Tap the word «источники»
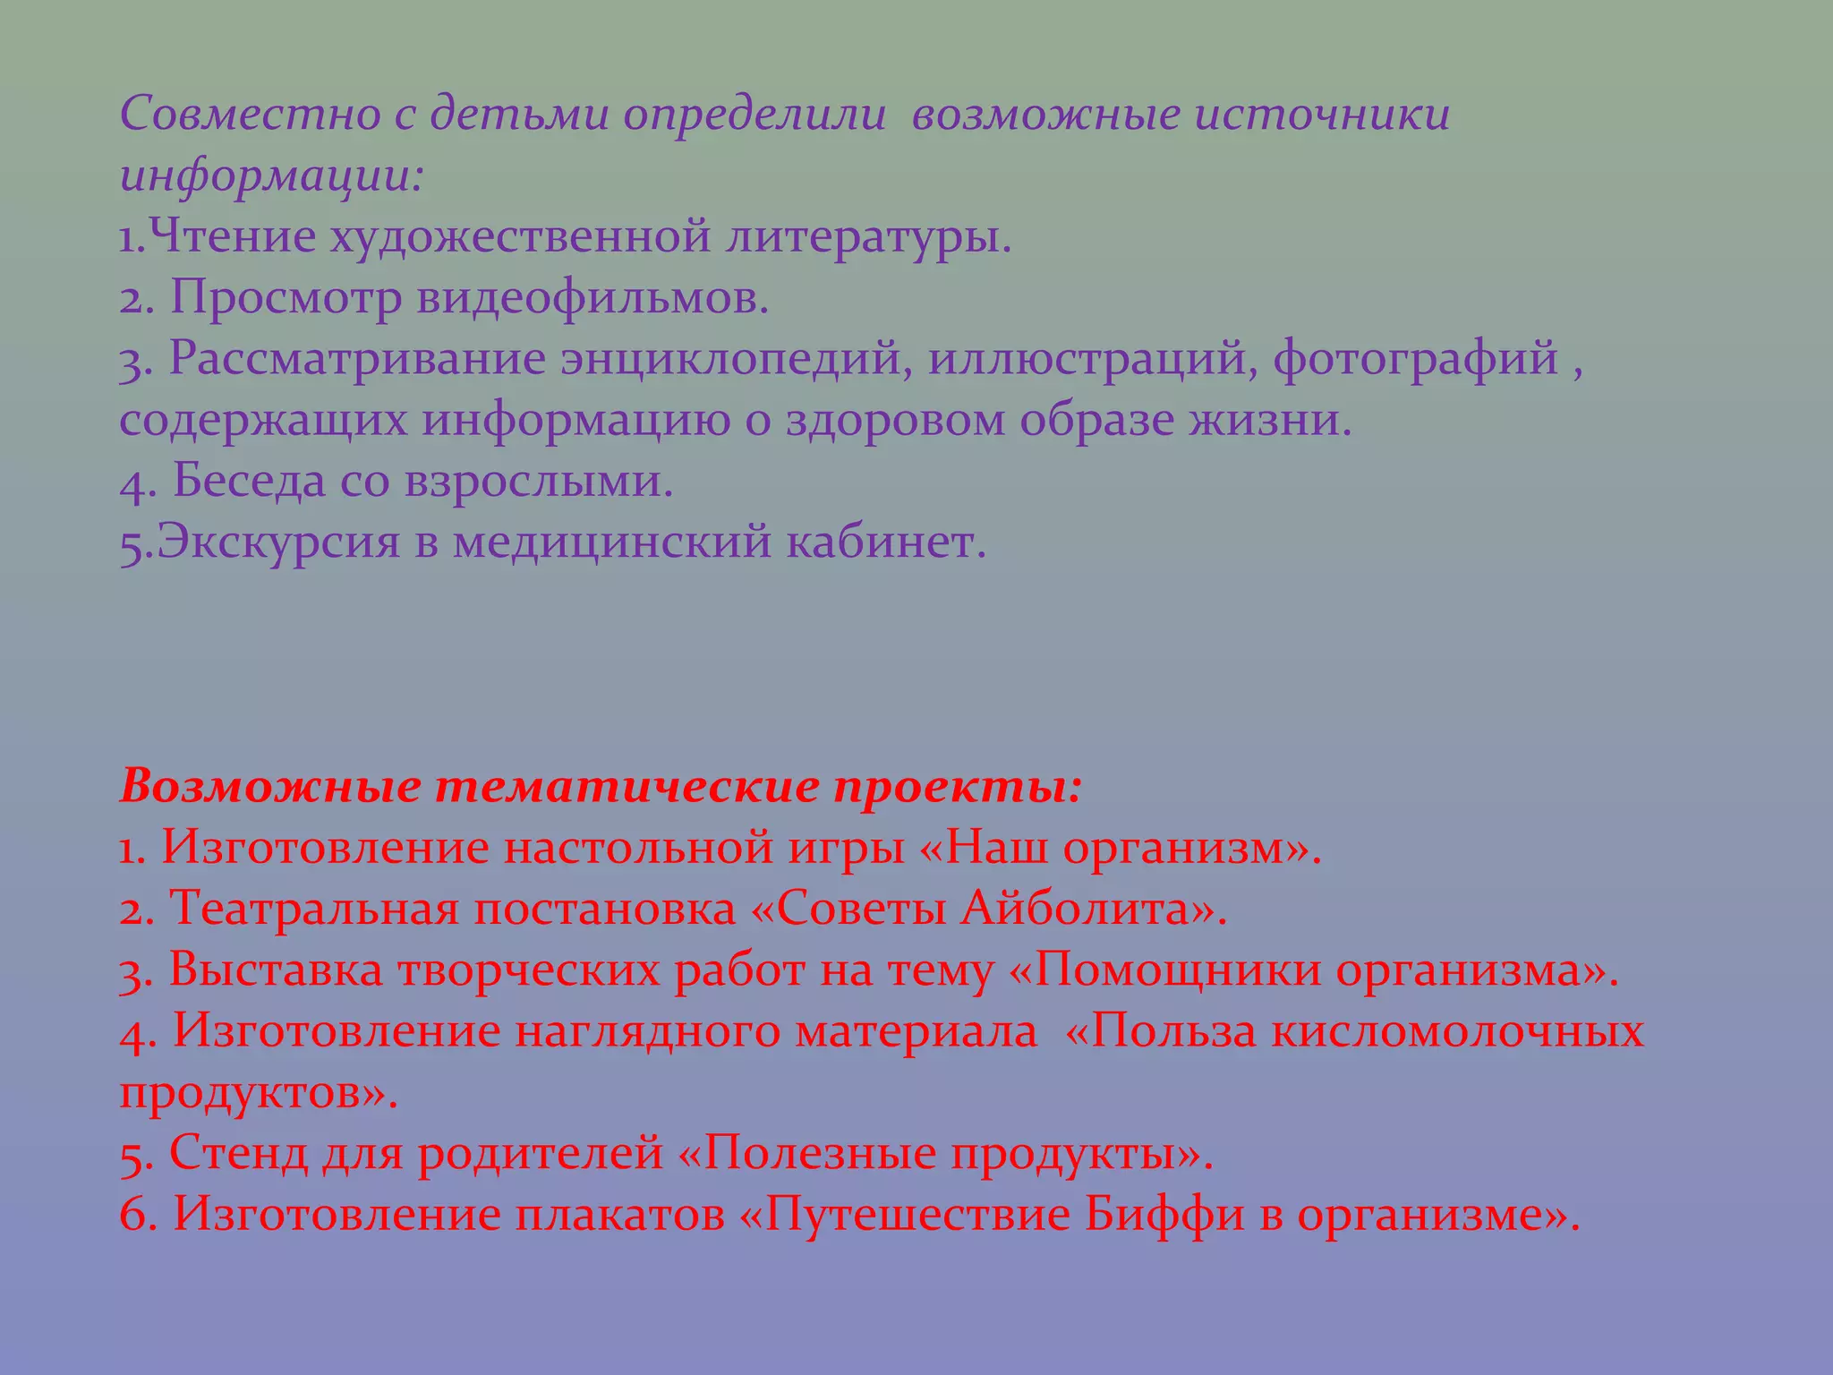coord(1323,115)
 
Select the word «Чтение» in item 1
coord(231,237)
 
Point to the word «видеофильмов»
coord(593,298)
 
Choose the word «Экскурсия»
coord(277,542)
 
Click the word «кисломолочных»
coord(1457,1031)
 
